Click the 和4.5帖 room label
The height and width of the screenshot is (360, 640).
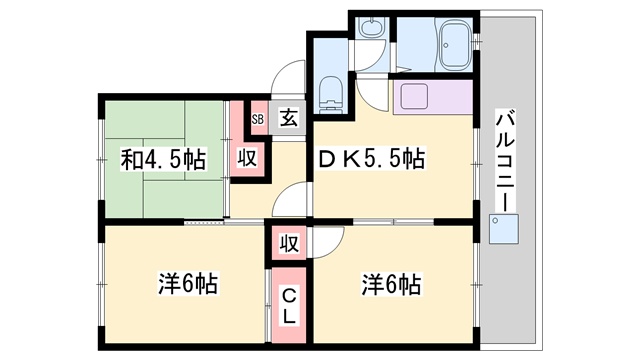pyautogui.click(x=163, y=160)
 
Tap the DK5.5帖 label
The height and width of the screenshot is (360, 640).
pyautogui.click(x=371, y=159)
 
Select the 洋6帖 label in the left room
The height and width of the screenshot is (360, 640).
pyautogui.click(x=188, y=283)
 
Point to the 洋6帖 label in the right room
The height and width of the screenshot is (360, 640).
pyautogui.click(x=391, y=284)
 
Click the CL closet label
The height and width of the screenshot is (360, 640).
pyautogui.click(x=289, y=305)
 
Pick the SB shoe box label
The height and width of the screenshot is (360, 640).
pyautogui.click(x=258, y=120)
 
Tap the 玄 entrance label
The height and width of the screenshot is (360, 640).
pyautogui.click(x=289, y=118)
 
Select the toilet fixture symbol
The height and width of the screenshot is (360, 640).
pyautogui.click(x=330, y=95)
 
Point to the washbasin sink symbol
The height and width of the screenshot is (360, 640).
pyautogui.click(x=371, y=29)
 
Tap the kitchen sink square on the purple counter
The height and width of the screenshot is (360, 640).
pyautogui.click(x=414, y=96)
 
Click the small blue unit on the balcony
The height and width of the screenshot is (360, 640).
pyautogui.click(x=504, y=229)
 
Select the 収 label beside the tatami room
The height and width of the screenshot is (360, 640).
pyautogui.click(x=247, y=158)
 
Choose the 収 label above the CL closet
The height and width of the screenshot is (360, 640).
pyautogui.click(x=289, y=243)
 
